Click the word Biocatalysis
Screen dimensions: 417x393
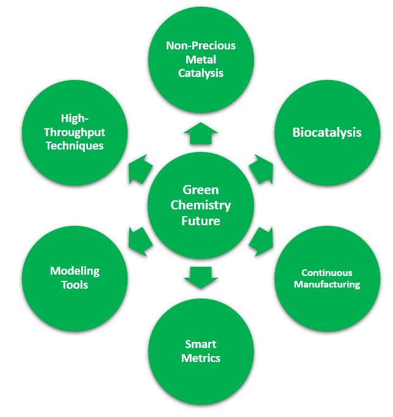326,132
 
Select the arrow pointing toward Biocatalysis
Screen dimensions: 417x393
261,167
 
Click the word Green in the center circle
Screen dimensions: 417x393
201,190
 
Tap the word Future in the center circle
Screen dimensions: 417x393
201,220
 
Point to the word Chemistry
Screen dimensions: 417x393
201,205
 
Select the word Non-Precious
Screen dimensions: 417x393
201,46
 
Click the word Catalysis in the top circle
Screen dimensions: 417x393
201,73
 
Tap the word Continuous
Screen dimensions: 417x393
326,272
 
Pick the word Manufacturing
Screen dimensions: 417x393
326,284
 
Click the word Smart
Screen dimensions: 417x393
201,344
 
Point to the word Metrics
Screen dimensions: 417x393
201,358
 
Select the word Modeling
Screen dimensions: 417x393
74,271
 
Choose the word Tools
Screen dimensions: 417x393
74,285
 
